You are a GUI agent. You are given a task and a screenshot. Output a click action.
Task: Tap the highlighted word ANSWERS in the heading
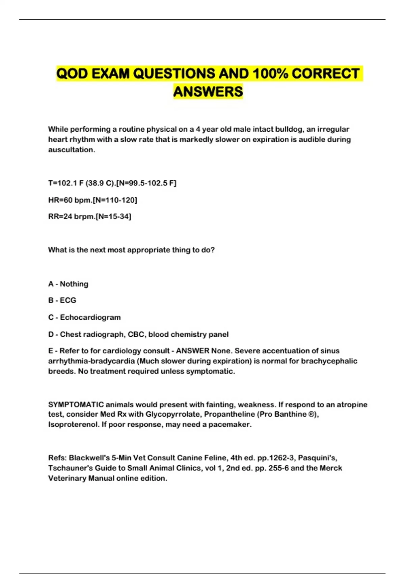click(x=208, y=92)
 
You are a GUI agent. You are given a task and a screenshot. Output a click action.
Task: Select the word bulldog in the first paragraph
click(x=289, y=129)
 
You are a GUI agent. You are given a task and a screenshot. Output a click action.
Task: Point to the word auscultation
click(x=71, y=150)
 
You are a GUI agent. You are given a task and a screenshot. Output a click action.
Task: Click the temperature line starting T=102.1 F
click(x=112, y=183)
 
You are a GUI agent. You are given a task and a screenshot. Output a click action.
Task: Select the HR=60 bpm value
click(x=70, y=200)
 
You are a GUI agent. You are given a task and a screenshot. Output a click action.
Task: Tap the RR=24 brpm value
click(x=71, y=216)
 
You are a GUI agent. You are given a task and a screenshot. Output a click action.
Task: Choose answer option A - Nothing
click(x=68, y=284)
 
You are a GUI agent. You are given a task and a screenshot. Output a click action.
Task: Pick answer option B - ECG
click(x=62, y=300)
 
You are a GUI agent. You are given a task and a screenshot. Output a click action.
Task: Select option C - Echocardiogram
click(x=84, y=317)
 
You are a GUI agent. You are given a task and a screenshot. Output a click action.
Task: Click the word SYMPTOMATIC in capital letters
click(x=76, y=405)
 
